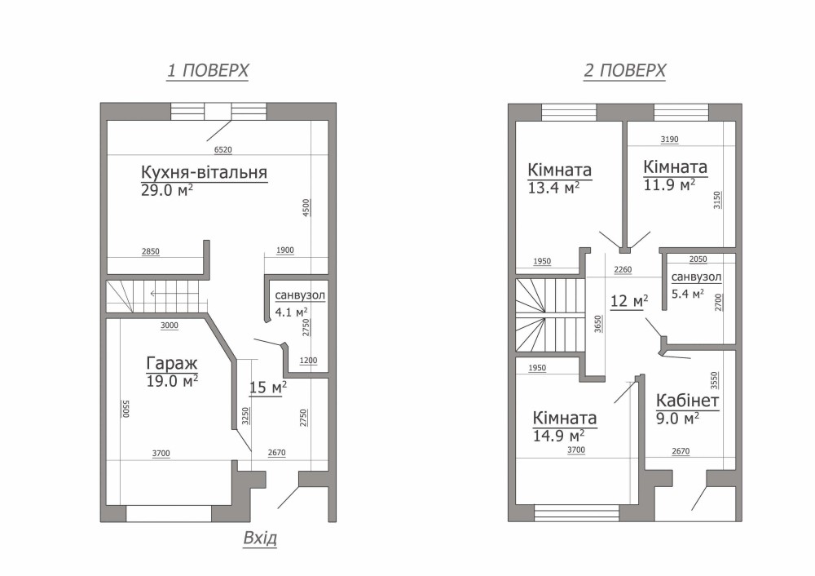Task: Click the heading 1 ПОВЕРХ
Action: click(207, 70)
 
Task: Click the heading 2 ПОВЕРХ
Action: click(625, 70)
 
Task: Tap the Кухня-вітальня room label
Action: click(205, 171)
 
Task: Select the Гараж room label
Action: click(172, 363)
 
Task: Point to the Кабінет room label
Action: click(688, 401)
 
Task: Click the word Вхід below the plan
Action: click(260, 538)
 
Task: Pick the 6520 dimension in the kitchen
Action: click(223, 150)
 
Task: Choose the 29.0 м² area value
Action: click(167, 190)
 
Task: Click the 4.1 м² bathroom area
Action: click(291, 312)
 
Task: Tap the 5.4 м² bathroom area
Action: click(688, 294)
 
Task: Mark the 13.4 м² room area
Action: click(553, 188)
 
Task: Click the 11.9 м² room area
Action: click(669, 184)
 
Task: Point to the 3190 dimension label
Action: click(669, 140)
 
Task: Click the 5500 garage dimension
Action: click(125, 409)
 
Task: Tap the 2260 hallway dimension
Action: click(623, 269)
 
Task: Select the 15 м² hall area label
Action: click(268, 387)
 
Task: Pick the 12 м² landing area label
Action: click(629, 301)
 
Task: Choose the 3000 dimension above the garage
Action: click(170, 326)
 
